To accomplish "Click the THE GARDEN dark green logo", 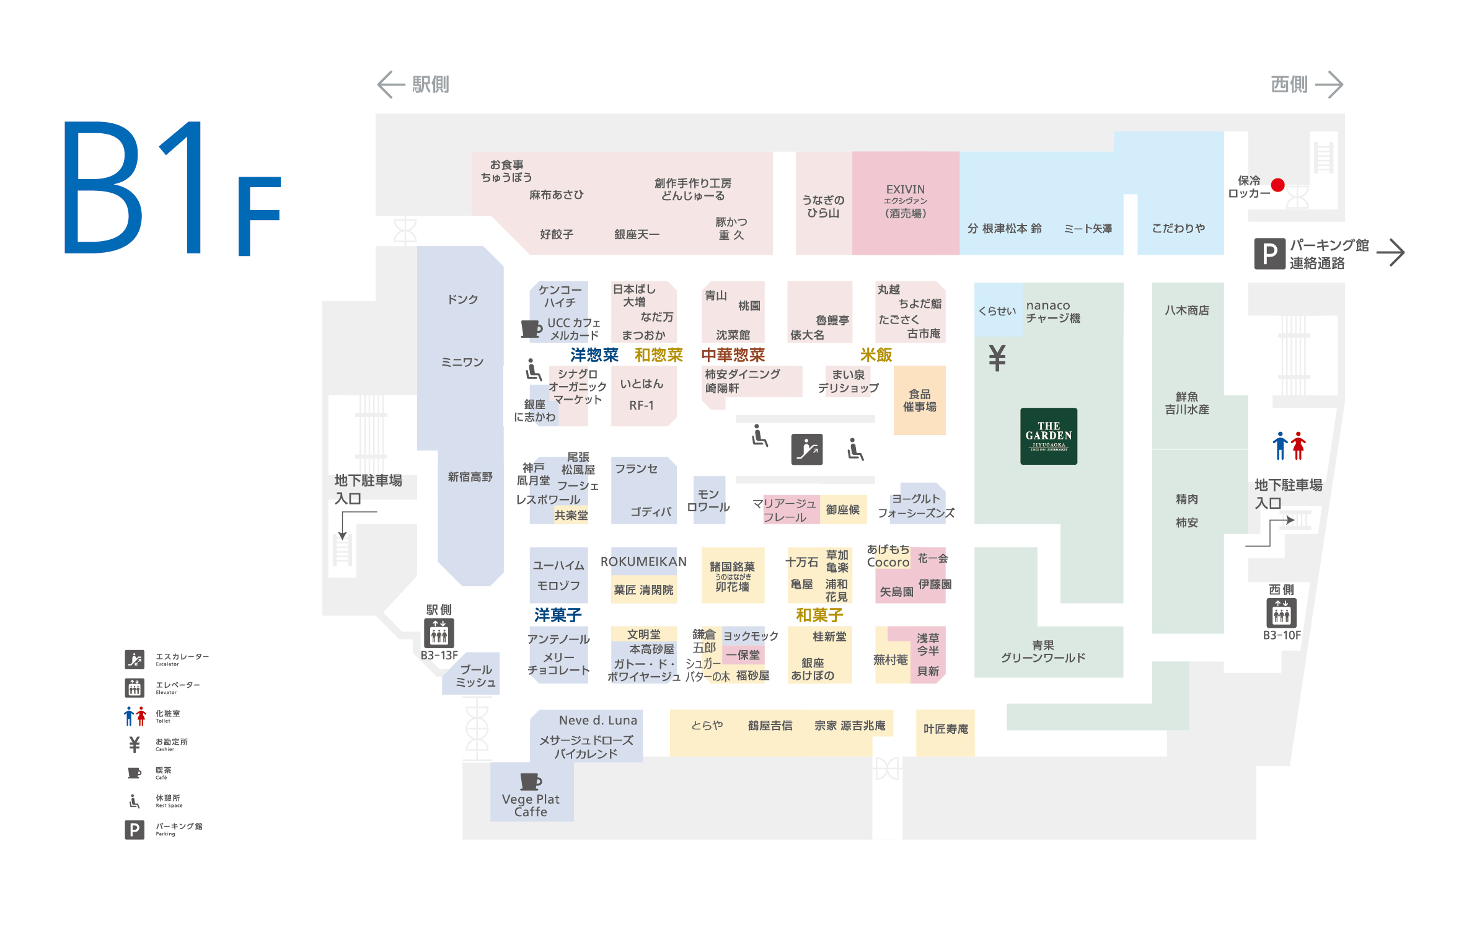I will [1048, 436].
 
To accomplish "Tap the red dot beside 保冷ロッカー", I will [1277, 185].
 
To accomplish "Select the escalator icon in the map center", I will [806, 449].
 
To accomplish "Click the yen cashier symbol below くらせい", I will [997, 358].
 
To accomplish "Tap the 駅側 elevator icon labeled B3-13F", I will [439, 633].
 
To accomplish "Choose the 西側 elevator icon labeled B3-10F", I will [1281, 613].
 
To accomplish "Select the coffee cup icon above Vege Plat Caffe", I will [531, 781].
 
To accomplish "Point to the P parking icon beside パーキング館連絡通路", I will [1269, 253].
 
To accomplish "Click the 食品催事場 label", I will [919, 400].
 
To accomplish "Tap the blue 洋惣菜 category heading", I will [594, 355].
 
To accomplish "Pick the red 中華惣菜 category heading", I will [733, 355].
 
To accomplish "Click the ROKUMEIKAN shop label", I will [643, 561].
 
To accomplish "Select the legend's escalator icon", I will [134, 659].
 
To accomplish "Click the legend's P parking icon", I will [134, 829].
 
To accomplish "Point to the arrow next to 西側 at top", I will [1329, 85].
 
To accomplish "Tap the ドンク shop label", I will [462, 300].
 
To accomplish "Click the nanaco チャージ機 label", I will [1052, 312].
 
